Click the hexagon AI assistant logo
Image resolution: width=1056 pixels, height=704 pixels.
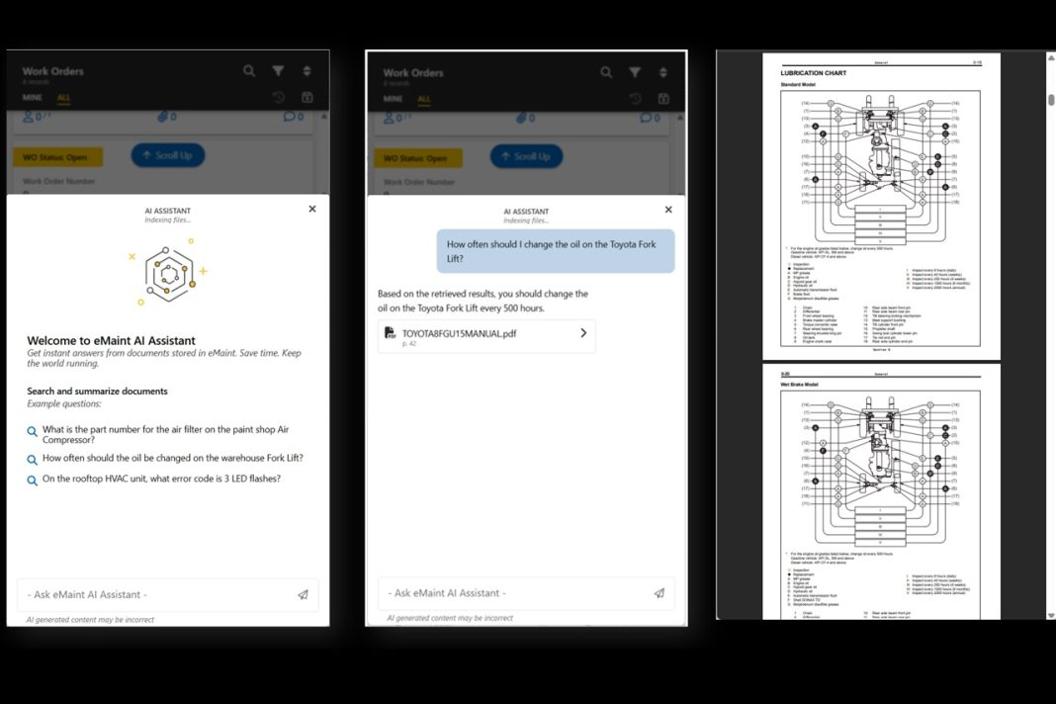[168, 272]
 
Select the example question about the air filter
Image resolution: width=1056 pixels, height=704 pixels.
[165, 435]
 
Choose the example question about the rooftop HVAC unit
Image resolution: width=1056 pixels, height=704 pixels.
[161, 479]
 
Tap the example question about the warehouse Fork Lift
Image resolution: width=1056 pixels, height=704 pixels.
[172, 459]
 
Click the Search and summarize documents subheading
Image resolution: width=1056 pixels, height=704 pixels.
[97, 392]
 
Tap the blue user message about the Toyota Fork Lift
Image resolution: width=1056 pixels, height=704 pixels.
[556, 251]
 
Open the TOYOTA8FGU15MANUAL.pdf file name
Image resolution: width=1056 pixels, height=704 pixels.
[459, 334]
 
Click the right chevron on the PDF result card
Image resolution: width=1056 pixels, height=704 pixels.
[583, 333]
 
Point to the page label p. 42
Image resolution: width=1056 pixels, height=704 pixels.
[408, 344]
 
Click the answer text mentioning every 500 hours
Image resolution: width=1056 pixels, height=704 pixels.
[483, 301]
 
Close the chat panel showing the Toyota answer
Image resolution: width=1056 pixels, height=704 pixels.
[668, 210]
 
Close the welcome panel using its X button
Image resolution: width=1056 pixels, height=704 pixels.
[312, 209]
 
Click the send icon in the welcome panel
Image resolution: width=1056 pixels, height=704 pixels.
[303, 595]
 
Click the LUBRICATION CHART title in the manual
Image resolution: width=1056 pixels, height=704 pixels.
[813, 73]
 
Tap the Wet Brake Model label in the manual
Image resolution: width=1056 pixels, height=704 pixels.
[802, 385]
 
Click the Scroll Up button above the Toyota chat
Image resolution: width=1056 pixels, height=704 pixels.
[525, 156]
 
